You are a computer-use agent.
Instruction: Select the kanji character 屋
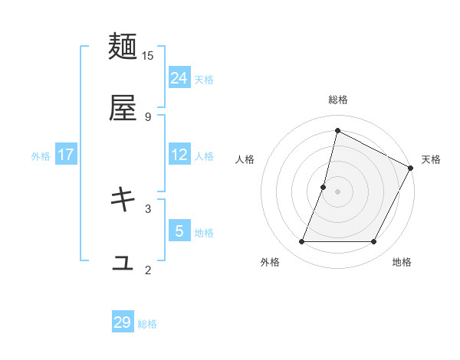coord(123,109)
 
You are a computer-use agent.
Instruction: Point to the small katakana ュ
coord(123,263)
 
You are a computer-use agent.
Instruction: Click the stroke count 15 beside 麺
coord(148,55)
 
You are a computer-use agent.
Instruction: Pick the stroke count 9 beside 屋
coord(148,116)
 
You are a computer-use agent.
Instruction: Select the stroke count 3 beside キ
coord(148,208)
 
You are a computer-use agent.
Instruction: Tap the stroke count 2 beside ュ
coord(148,269)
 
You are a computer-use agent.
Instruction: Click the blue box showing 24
coord(179,77)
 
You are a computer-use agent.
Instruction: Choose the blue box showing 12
coord(179,155)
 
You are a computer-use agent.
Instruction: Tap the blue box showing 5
coord(179,231)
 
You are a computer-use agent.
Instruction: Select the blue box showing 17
coord(66,155)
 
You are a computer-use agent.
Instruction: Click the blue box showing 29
coord(123,322)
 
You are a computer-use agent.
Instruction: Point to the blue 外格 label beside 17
coord(41,155)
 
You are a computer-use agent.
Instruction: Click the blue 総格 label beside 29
coord(147,324)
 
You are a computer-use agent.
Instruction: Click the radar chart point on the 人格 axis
coord(324,187)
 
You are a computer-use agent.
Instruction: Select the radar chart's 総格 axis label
coord(337,100)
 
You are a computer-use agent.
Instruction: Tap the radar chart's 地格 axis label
coord(402,263)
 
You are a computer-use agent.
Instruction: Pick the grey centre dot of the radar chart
coord(337,191)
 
